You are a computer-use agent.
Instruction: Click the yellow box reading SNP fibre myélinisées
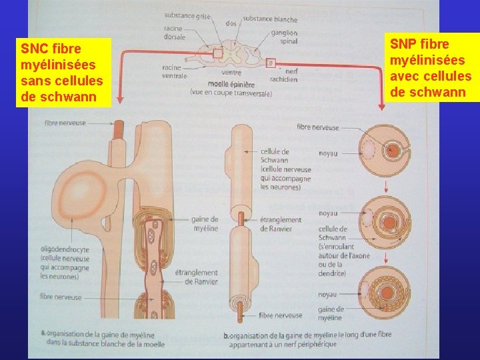coord(431,67)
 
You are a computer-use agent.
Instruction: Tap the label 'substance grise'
coord(187,16)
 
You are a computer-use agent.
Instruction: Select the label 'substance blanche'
coord(270,19)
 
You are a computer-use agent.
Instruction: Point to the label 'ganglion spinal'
coord(285,37)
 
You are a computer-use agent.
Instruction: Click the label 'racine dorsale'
coord(175,33)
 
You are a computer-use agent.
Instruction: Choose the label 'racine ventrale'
coord(174,71)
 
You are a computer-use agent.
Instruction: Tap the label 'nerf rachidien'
coord(288,75)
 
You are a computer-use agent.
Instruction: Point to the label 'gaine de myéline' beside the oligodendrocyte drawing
coord(204,223)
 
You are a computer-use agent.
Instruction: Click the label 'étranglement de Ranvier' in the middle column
coord(280,224)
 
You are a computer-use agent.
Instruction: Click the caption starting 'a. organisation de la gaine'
coord(103,339)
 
